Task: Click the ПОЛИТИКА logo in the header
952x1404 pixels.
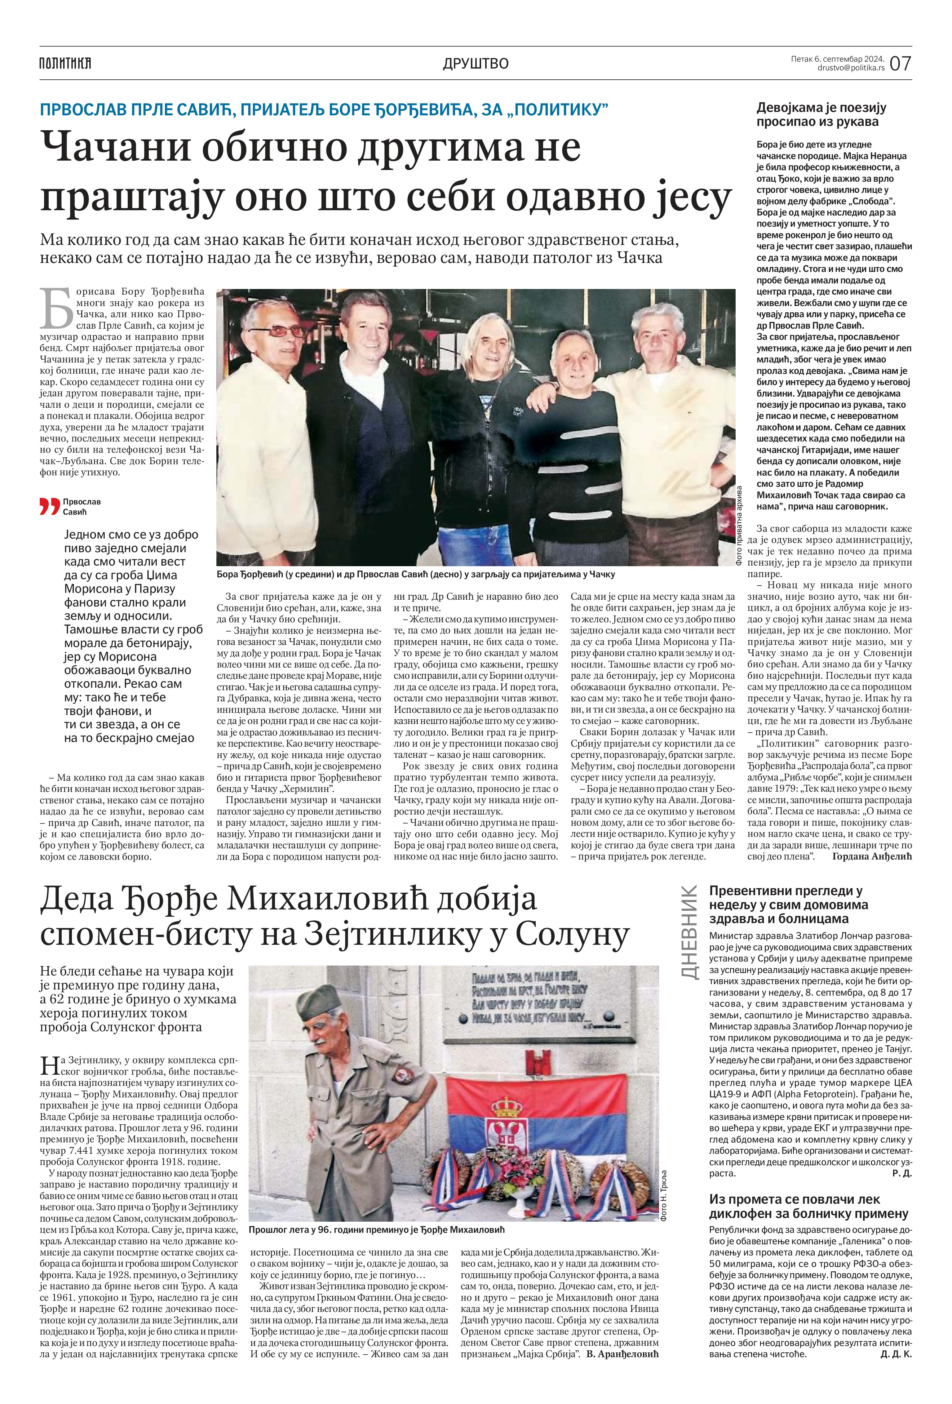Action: tap(65, 63)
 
